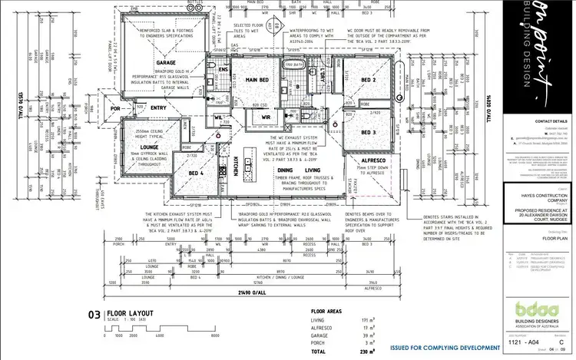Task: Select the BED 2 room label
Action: point(368,79)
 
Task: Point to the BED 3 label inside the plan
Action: point(369,131)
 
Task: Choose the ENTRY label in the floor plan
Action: point(159,108)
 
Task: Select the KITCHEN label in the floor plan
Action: point(227,166)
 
